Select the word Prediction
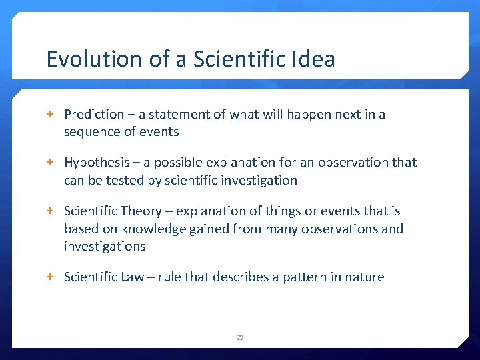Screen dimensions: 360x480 point(94,114)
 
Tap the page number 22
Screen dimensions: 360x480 point(240,337)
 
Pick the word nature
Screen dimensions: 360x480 point(365,277)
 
